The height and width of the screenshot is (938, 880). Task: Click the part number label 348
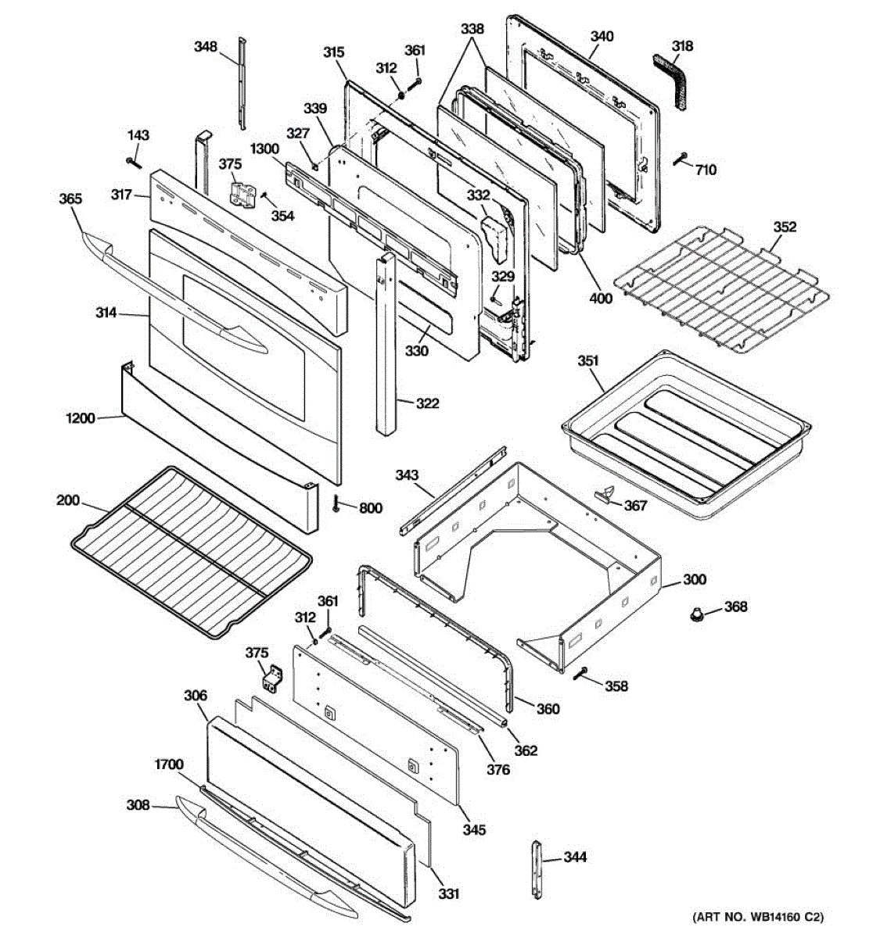pyautogui.click(x=205, y=47)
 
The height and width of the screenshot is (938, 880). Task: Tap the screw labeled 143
pyautogui.click(x=135, y=163)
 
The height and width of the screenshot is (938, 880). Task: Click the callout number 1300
pyautogui.click(x=265, y=149)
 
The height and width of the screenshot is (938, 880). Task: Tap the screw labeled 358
pyautogui.click(x=580, y=673)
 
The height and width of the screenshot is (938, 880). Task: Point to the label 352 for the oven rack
pyautogui.click(x=785, y=227)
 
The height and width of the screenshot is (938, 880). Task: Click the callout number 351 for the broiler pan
pyautogui.click(x=588, y=361)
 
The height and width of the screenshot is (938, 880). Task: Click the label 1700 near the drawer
pyautogui.click(x=169, y=764)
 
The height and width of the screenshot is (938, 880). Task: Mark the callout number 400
pyautogui.click(x=601, y=298)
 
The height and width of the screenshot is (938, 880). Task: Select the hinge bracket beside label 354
pyautogui.click(x=242, y=195)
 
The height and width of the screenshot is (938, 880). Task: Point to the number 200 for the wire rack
pyautogui.click(x=68, y=500)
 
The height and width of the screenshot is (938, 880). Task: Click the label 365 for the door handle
pyautogui.click(x=70, y=199)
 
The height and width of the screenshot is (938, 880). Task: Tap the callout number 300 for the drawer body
pyautogui.click(x=695, y=579)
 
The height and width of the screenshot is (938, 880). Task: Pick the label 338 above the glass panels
pyautogui.click(x=472, y=29)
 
